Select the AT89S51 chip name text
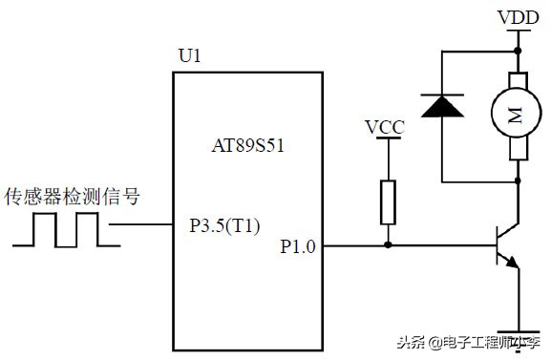(x=247, y=147)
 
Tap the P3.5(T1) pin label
(x=225, y=227)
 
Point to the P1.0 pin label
(x=299, y=245)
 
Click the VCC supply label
(x=386, y=126)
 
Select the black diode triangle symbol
(x=441, y=106)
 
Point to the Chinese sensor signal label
(x=73, y=198)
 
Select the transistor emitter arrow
(x=514, y=265)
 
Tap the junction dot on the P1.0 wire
(x=387, y=245)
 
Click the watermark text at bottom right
(x=485, y=343)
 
